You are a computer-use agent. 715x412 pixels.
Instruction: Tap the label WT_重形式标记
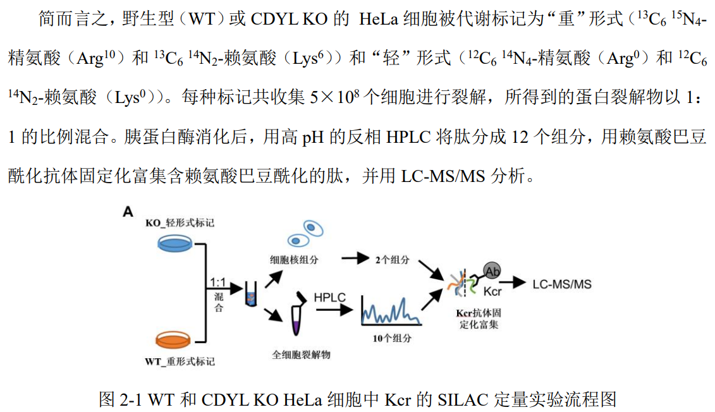coord(180,361)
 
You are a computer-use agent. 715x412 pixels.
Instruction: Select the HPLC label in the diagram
coord(331,296)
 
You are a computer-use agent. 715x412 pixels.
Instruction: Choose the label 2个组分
coord(392,259)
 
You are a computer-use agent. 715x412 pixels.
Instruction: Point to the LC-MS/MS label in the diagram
coord(562,284)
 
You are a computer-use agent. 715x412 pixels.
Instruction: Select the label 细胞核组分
coord(294,260)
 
